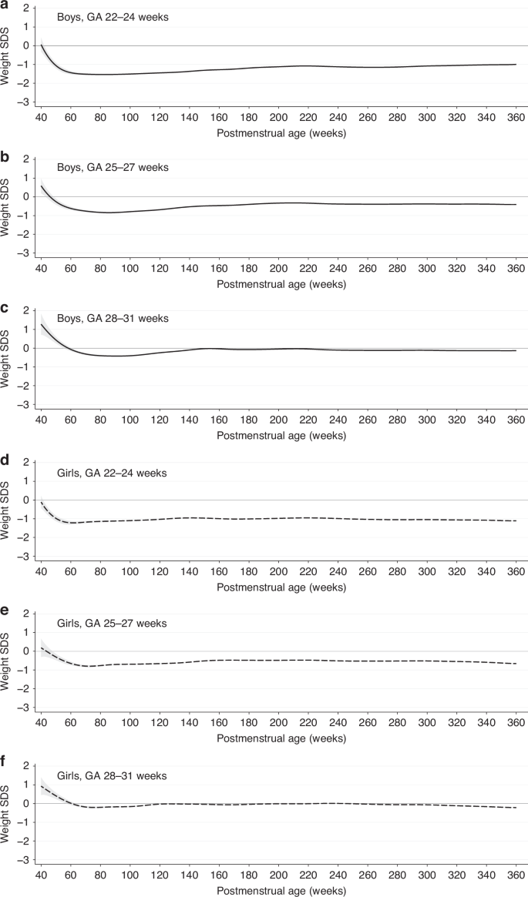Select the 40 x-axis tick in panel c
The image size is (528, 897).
pyautogui.click(x=41, y=420)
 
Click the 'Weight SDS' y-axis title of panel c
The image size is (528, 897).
pyautogui.click(x=8, y=358)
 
